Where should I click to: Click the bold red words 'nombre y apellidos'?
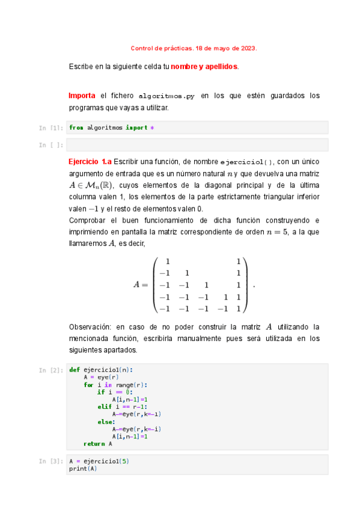click(x=204, y=66)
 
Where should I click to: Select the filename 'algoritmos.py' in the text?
click(x=166, y=96)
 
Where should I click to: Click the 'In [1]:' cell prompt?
click(x=51, y=128)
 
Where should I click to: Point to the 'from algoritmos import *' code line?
click(x=112, y=127)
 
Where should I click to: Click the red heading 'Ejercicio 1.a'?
click(x=90, y=162)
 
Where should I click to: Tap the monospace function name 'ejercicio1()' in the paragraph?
click(x=247, y=162)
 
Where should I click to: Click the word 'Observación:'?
click(x=90, y=327)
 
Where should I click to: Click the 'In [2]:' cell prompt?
click(x=51, y=370)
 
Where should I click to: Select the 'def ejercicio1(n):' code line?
click(x=101, y=370)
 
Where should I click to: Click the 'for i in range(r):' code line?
click(x=115, y=385)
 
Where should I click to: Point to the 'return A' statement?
click(x=97, y=443)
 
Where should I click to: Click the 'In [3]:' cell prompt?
click(x=51, y=461)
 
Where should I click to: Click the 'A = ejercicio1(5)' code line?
click(x=99, y=461)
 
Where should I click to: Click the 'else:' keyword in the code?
click(x=106, y=422)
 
